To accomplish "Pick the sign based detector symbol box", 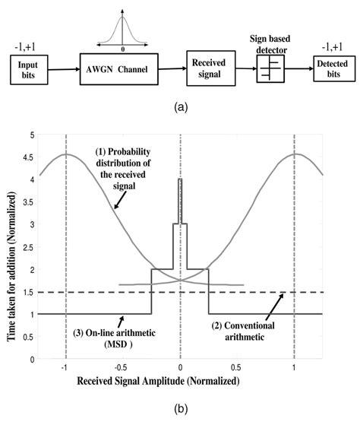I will coord(271,72).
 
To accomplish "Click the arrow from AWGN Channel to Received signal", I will coord(175,72).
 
